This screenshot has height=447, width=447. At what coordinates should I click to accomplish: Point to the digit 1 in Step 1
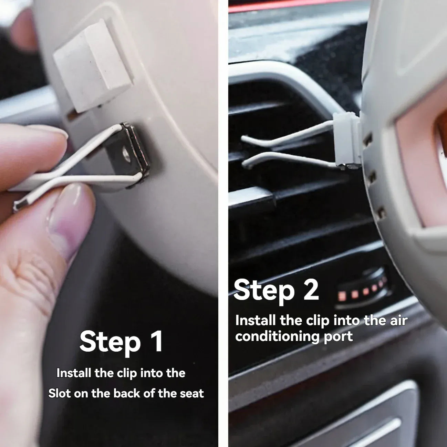pos(157,341)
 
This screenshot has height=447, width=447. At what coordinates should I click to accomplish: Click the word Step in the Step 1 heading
pos(110,342)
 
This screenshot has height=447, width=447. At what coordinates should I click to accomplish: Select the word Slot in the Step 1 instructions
pos(59,393)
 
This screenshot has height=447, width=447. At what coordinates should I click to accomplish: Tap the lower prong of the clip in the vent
pos(286,159)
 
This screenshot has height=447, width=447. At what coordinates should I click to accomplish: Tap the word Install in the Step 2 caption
pos(256,320)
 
